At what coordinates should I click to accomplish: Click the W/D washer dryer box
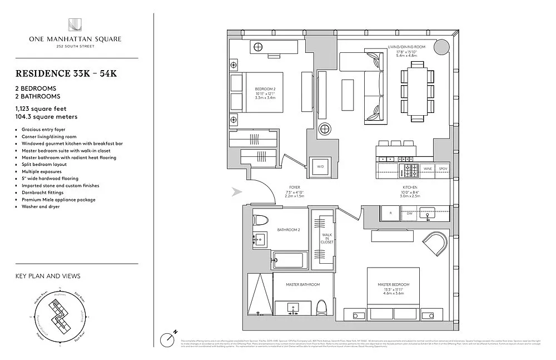(x=320, y=166)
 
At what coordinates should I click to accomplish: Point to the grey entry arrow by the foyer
(x=237, y=192)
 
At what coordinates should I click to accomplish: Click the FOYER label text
(x=295, y=188)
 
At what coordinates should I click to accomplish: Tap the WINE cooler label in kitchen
(x=428, y=168)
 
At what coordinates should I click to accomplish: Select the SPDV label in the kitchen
(x=443, y=168)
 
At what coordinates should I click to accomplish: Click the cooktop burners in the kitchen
(x=410, y=168)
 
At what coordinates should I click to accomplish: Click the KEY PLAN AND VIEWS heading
(x=48, y=276)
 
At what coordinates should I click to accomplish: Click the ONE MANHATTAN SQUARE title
(x=76, y=39)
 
